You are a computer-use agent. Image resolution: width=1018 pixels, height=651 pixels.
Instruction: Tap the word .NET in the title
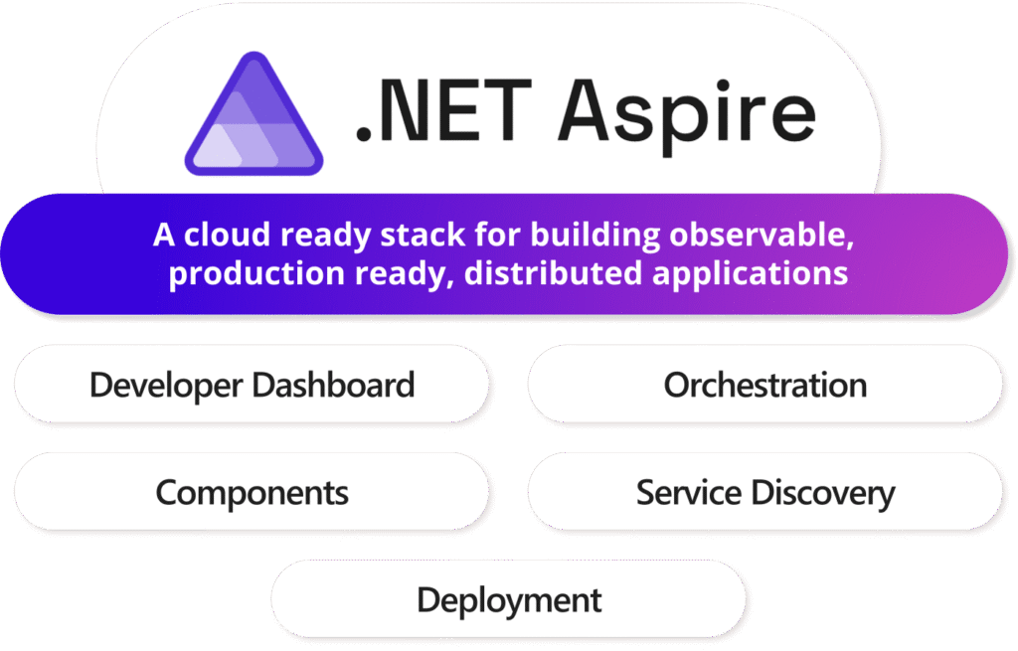[444, 110]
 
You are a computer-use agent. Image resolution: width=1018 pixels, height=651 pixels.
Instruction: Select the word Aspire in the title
[687, 115]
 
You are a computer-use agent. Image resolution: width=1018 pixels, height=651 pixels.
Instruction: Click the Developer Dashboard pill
[252, 385]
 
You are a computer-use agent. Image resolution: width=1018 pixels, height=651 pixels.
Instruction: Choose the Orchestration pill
[765, 385]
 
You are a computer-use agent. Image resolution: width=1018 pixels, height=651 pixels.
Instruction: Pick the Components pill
[252, 492]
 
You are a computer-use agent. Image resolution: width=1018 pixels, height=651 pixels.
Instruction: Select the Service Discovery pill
[765, 492]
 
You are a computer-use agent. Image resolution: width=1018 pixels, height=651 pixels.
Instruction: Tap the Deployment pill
[509, 599]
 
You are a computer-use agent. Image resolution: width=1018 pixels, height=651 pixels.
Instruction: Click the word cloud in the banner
[227, 235]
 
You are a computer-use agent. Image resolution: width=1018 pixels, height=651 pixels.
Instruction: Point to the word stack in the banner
[423, 235]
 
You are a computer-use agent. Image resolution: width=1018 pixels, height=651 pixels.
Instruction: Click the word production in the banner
[256, 274]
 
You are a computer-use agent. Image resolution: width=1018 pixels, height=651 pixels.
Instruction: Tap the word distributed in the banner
[553, 273]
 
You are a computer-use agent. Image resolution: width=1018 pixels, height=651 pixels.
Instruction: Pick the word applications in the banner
[750, 274]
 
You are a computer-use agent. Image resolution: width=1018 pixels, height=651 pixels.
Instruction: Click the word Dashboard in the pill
[333, 385]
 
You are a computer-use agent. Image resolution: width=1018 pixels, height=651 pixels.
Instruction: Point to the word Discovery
[823, 494]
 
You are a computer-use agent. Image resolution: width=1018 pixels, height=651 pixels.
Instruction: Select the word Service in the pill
[689, 493]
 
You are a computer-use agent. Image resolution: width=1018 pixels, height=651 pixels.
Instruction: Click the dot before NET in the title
[364, 134]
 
